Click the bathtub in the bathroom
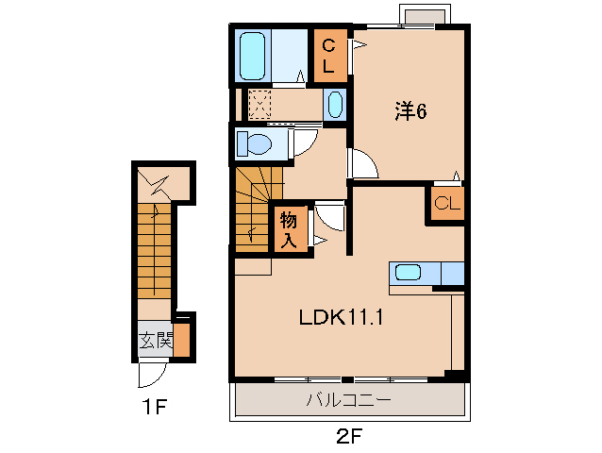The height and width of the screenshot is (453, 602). tap(252, 56)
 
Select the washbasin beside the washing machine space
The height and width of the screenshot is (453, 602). tap(336, 105)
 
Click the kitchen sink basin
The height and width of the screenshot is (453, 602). tap(409, 273)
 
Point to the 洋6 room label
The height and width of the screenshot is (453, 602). tap(410, 111)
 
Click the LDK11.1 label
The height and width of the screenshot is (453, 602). tap(341, 317)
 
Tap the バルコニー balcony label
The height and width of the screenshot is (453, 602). tap(348, 400)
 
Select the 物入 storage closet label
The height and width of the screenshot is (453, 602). tap(289, 229)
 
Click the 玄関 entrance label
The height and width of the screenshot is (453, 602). tap(156, 340)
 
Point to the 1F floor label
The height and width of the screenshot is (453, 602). tap(155, 408)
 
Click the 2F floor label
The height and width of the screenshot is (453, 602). tap(349, 437)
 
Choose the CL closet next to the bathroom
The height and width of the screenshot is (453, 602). tap(329, 56)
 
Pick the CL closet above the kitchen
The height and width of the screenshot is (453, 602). tap(447, 203)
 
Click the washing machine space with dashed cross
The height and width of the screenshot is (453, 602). tap(259, 105)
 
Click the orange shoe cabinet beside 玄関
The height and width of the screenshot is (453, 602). tap(181, 341)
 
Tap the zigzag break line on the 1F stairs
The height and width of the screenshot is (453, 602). tap(155, 184)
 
